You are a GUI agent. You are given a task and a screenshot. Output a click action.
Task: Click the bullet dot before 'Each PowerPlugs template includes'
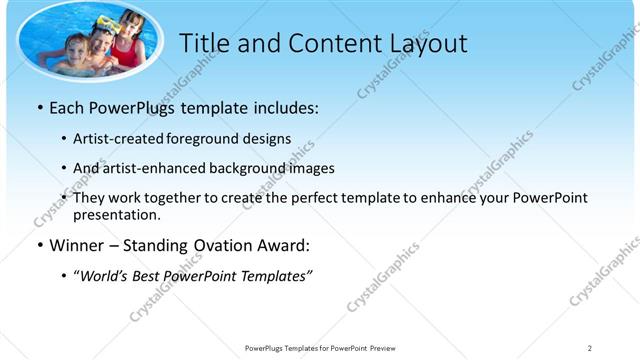38,106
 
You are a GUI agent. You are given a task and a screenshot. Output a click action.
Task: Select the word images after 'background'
311,168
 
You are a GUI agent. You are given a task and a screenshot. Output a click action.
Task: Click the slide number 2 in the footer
589,348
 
